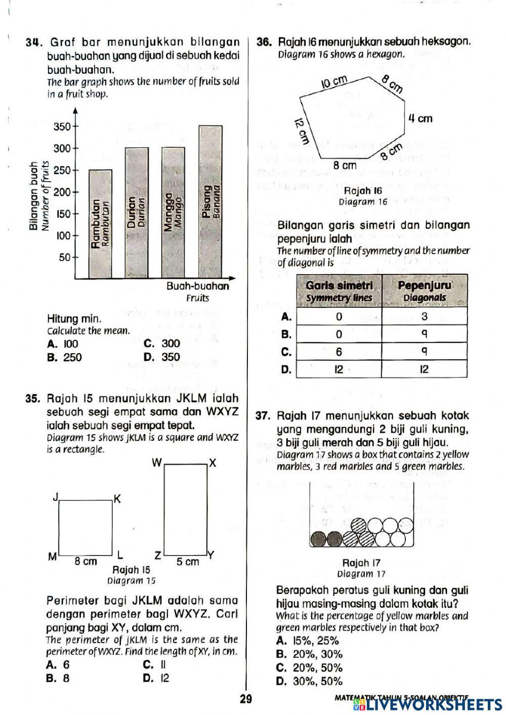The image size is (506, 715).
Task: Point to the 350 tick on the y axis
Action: click(x=63, y=127)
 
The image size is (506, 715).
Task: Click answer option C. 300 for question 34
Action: click(x=162, y=344)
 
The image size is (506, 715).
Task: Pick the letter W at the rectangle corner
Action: click(x=157, y=462)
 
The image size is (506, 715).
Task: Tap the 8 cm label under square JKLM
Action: click(x=86, y=561)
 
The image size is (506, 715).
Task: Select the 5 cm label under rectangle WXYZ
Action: click(x=187, y=561)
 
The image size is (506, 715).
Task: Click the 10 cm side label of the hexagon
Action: click(x=335, y=81)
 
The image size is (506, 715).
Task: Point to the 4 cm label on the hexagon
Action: click(x=420, y=118)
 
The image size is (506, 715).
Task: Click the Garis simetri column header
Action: click(x=339, y=291)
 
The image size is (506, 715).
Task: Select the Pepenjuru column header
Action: click(x=424, y=291)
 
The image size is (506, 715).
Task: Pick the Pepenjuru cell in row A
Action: click(x=424, y=317)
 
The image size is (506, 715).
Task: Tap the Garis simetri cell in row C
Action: click(x=339, y=352)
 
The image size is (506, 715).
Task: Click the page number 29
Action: click(x=246, y=699)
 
